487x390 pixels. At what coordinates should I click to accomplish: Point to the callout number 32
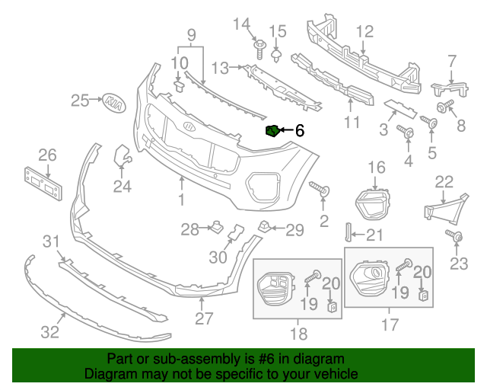point(49,332)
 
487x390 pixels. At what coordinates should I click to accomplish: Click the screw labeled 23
point(456,237)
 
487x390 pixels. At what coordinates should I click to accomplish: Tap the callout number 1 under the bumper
point(182,200)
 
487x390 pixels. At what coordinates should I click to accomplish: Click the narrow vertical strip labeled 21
point(349,233)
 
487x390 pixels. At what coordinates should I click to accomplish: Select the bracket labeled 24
point(121,157)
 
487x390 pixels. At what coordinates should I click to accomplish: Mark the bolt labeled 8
point(444,104)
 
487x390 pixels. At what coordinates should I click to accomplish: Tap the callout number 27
point(203,318)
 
